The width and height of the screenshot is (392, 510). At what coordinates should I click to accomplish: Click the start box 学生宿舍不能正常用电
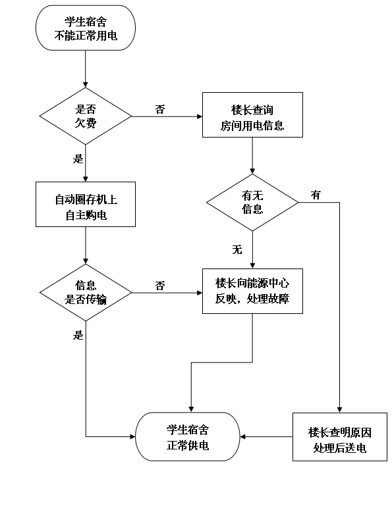(x=86, y=28)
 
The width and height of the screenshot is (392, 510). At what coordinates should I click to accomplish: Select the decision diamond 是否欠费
(x=86, y=116)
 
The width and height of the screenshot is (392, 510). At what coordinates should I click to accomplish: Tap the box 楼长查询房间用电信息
(x=252, y=115)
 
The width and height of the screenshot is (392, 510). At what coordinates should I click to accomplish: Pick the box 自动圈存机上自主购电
(x=86, y=204)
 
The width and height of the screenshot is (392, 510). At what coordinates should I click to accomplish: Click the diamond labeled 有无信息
(x=252, y=203)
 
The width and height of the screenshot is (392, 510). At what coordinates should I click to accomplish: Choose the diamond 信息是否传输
(x=86, y=293)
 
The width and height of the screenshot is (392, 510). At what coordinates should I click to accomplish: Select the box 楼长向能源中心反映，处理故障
(x=252, y=291)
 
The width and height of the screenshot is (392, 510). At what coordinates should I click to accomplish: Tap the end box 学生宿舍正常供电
(x=188, y=437)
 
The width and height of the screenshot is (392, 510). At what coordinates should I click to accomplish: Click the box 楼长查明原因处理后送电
(x=340, y=437)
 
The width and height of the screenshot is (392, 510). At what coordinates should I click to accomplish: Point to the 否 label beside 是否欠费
(x=160, y=109)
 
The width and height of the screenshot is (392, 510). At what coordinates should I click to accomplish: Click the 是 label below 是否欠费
(x=78, y=159)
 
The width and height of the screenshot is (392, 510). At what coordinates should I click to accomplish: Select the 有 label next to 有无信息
(x=316, y=195)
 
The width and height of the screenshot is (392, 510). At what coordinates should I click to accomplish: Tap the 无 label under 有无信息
(x=237, y=250)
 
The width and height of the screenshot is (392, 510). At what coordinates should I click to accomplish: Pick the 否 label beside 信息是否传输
(x=160, y=286)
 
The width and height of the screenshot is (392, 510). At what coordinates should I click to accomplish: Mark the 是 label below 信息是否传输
(x=78, y=335)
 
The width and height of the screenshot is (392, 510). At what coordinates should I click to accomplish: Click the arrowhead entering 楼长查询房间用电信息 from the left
(x=200, y=116)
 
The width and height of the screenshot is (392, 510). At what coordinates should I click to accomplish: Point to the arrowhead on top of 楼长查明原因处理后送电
(x=339, y=410)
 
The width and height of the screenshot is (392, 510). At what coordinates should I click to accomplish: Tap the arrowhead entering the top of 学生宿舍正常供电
(x=191, y=409)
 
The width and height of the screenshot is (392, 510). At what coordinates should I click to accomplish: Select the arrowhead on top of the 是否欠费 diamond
(x=86, y=85)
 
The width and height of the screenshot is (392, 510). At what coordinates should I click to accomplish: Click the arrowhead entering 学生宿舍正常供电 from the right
(x=243, y=437)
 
